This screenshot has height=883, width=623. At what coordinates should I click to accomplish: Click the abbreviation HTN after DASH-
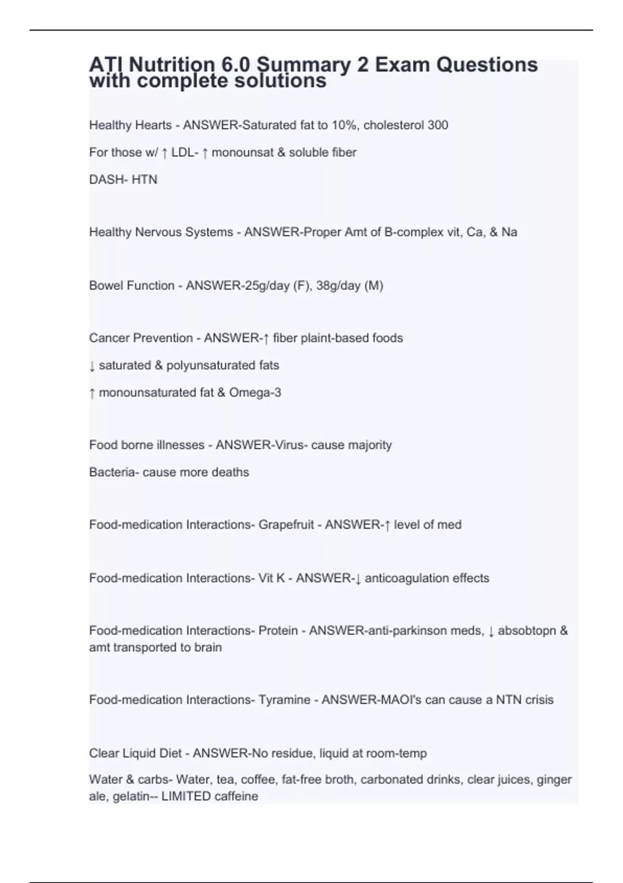click(x=144, y=180)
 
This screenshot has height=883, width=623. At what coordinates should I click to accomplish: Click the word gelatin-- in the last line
click(x=134, y=796)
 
